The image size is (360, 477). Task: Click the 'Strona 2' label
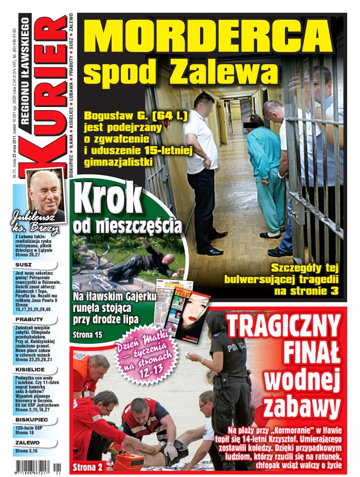pyautogui.click(x=88, y=467)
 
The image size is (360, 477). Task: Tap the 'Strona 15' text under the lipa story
pyautogui.click(x=88, y=335)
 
